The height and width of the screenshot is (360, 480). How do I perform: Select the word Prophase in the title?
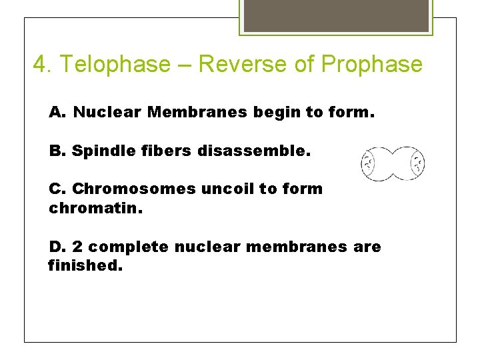(371, 65)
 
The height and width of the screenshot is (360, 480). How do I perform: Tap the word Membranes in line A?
(197, 112)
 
